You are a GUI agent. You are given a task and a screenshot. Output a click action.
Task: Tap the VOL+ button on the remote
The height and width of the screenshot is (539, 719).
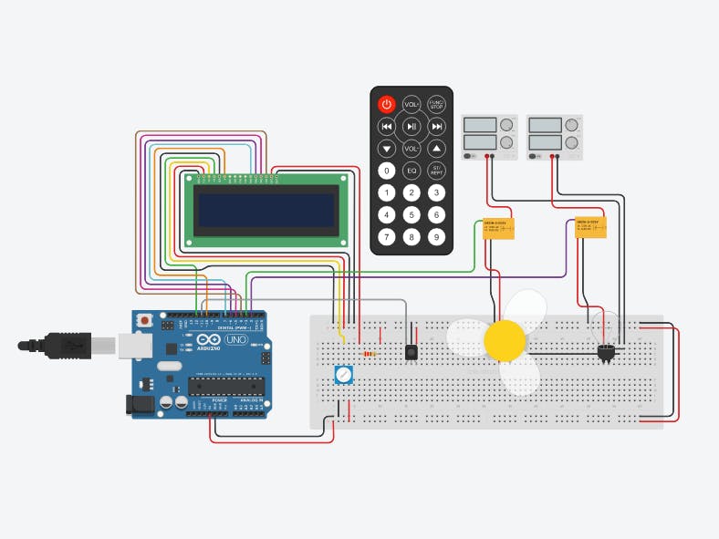pos(412,105)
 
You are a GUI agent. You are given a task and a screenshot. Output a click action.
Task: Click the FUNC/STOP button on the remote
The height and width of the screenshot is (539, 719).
pos(437,105)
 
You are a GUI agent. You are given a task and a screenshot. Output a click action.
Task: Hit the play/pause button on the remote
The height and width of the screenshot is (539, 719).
pos(412,126)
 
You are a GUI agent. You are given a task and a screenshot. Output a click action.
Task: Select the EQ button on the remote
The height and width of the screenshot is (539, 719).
pos(412,170)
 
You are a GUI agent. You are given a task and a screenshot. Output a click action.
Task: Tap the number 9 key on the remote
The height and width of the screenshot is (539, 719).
pos(437,238)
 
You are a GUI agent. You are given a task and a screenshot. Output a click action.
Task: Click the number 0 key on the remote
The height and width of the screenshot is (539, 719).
pos(387,170)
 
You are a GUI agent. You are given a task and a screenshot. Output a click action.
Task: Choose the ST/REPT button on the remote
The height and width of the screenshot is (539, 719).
pos(437,170)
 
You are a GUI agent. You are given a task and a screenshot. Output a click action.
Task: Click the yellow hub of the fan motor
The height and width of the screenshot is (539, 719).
pos(505,341)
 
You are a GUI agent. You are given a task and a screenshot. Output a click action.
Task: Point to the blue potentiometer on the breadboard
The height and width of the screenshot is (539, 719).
pos(343,374)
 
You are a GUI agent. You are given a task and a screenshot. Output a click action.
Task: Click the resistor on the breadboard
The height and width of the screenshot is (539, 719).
pos(370,353)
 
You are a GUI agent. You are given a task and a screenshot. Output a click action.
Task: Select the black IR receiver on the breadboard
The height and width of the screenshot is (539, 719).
pos(412,351)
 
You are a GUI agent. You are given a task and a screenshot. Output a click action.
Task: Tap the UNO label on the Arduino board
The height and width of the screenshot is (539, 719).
pos(236,339)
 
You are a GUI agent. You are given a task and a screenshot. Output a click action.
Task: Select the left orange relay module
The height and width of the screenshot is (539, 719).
pos(497,228)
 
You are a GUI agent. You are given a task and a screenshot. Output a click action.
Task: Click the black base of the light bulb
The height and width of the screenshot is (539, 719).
pos(607,353)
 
